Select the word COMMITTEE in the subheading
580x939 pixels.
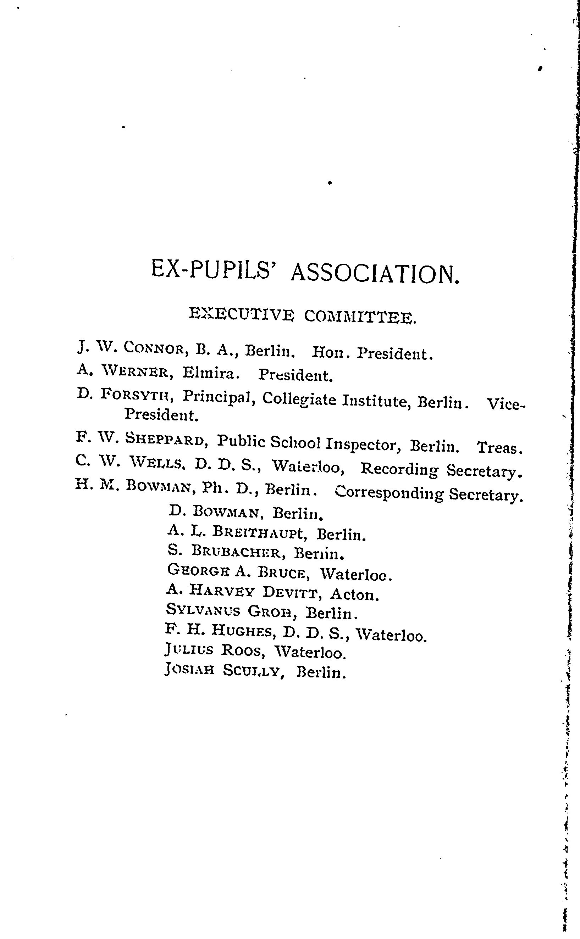pos(360,317)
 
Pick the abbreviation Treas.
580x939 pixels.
pos(499,447)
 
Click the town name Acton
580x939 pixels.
pos(354,594)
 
